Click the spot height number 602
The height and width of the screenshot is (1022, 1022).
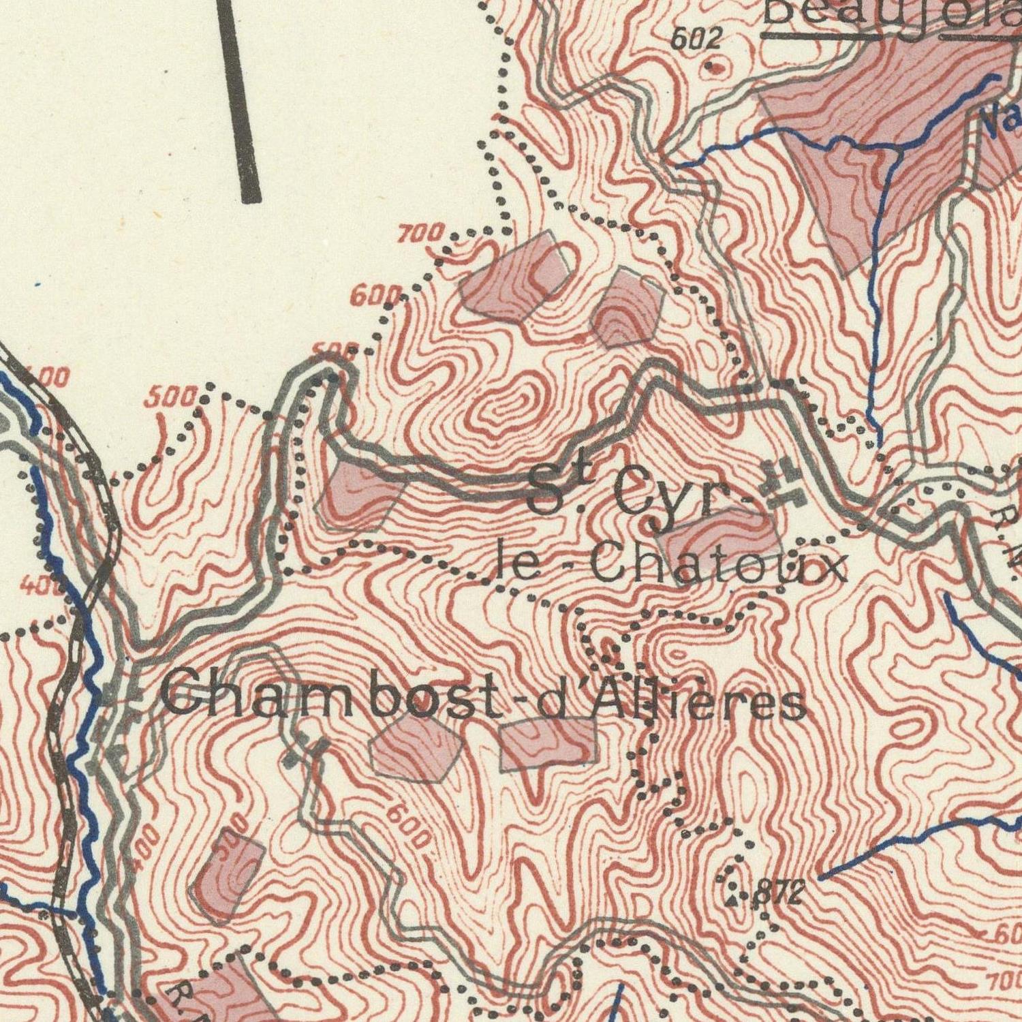pos(696,40)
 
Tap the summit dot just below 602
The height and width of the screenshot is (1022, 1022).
pos(713,67)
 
